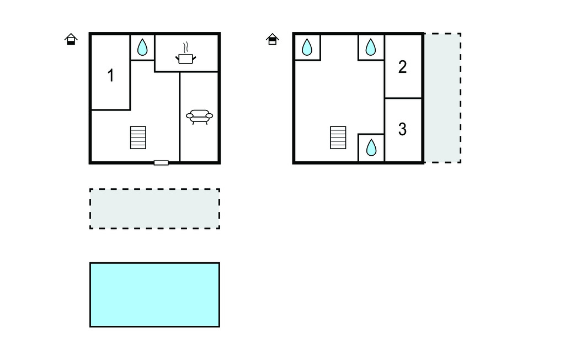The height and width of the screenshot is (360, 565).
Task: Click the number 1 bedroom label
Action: point(111,76)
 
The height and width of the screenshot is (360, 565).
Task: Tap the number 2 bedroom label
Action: point(402,67)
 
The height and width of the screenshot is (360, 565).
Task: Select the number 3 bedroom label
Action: point(402,129)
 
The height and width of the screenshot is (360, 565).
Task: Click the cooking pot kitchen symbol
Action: point(186,58)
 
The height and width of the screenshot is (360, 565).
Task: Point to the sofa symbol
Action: point(199,117)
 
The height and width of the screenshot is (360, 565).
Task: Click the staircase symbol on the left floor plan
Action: point(138,137)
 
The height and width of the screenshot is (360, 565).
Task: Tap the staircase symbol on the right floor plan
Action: point(338,137)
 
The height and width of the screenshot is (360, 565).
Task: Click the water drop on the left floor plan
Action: point(142,47)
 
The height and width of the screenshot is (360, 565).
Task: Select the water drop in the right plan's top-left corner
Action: point(307,47)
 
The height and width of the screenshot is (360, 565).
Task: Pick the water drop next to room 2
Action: point(371,47)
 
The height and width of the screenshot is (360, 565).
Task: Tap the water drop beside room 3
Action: point(371,147)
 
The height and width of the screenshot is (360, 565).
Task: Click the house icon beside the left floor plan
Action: point(71,39)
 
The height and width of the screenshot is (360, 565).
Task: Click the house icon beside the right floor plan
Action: point(272,39)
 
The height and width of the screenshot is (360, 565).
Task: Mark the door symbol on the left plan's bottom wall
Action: point(161,162)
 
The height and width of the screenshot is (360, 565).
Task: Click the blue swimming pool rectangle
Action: point(154,294)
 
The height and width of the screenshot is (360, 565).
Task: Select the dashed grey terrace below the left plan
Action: point(154,209)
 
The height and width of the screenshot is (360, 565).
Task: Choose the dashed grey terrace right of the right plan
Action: point(443,98)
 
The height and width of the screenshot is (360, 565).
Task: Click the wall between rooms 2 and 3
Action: point(403,98)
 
